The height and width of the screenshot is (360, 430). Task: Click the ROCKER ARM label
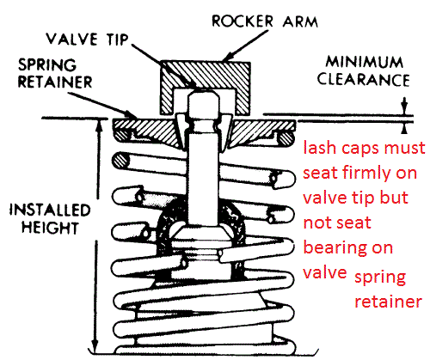point(265,21)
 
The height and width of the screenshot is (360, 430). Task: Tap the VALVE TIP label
point(87,39)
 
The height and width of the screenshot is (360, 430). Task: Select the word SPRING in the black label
point(47,65)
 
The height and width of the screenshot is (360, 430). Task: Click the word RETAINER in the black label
point(55,82)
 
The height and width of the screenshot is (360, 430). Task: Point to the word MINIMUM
point(365,62)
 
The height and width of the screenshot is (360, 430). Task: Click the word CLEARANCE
point(364,79)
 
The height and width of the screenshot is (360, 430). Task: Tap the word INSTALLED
point(50,211)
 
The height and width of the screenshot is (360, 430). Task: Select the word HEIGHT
point(50,228)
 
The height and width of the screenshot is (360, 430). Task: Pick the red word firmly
point(369,174)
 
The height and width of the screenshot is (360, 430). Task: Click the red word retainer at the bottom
point(388,302)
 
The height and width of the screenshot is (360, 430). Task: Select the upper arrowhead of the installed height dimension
point(99,125)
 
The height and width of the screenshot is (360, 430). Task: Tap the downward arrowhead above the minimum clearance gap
point(404,110)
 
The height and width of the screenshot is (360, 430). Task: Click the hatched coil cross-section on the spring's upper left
point(120,161)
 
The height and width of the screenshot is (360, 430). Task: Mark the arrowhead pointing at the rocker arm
point(228,58)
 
